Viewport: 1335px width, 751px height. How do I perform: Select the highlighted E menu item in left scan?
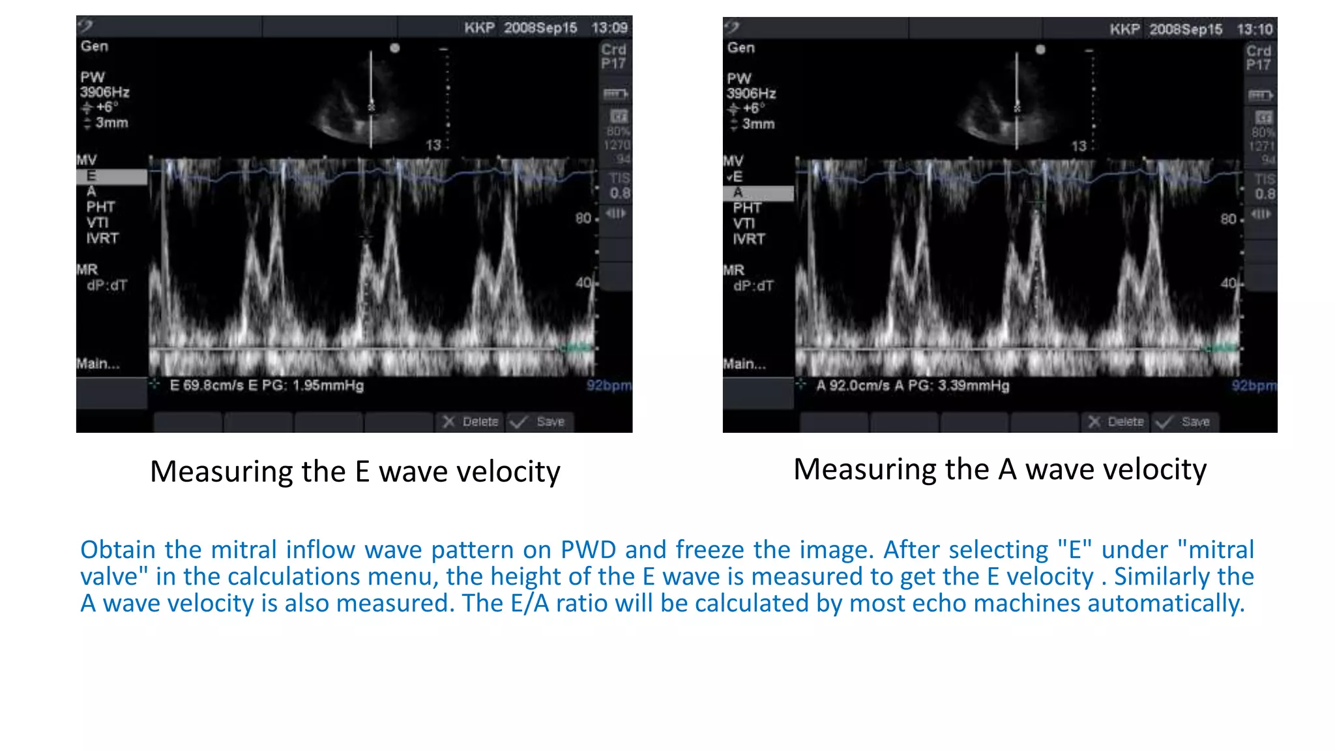point(92,176)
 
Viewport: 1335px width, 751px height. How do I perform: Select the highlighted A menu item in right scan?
point(738,192)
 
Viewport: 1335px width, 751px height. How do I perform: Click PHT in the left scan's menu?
point(100,207)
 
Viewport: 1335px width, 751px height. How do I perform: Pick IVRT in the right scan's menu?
point(748,239)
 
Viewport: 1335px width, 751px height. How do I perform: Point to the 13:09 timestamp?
point(609,28)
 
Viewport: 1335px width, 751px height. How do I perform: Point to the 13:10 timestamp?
point(1255,29)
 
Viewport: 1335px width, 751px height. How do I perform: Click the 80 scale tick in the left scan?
point(583,218)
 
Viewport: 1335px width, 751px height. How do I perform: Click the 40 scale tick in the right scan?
point(1229,283)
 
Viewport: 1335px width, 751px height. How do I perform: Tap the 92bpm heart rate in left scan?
point(609,385)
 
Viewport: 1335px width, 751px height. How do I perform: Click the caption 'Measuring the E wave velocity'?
point(355,471)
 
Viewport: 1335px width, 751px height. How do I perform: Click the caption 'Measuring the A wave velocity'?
point(1000,469)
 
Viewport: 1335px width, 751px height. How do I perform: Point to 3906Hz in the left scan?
point(104,92)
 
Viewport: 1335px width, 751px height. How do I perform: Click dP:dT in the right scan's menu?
point(754,286)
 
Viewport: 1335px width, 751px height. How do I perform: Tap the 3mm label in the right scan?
point(759,124)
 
